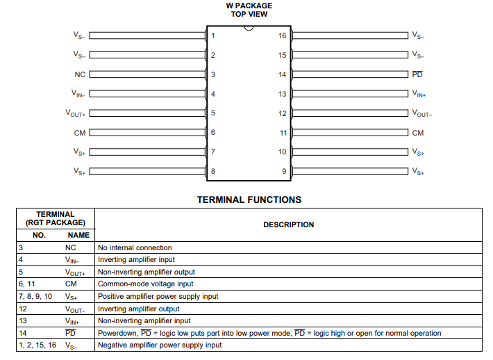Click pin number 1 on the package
(x=213, y=35)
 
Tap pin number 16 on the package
(x=282, y=35)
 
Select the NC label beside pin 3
(x=80, y=74)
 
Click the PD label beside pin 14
(x=417, y=74)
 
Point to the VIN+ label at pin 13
(x=419, y=94)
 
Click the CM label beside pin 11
(x=417, y=133)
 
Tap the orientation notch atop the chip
(x=248, y=28)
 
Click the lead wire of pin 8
(x=147, y=171)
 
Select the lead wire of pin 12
(x=349, y=113)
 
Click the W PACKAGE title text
(x=249, y=6)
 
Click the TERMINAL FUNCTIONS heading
(x=249, y=199)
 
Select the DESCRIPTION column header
(x=288, y=224)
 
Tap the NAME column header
(x=78, y=235)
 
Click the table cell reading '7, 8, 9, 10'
(x=35, y=296)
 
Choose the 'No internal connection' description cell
(x=135, y=247)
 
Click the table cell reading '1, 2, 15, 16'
(x=37, y=345)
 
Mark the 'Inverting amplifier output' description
(x=138, y=309)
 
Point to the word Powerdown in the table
(x=117, y=333)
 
